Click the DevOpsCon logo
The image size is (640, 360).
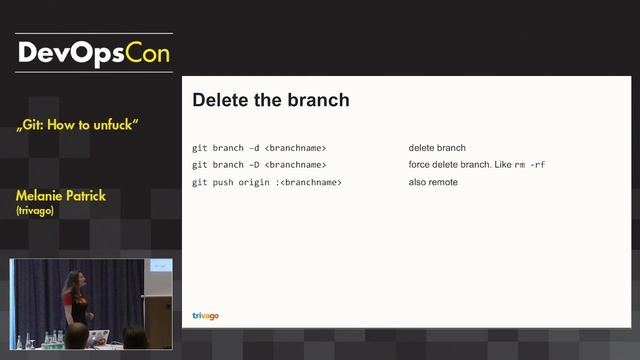coord(94,51)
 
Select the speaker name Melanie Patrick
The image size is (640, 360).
coord(61,195)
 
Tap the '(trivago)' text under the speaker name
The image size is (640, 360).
coord(37,211)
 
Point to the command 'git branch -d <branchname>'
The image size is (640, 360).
coord(259,148)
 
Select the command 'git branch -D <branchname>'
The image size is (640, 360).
coord(259,165)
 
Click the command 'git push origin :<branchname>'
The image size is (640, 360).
coord(267,183)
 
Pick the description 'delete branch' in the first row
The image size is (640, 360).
coord(437,148)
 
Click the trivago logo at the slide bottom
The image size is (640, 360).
coord(205,316)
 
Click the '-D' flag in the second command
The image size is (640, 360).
coord(253,165)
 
